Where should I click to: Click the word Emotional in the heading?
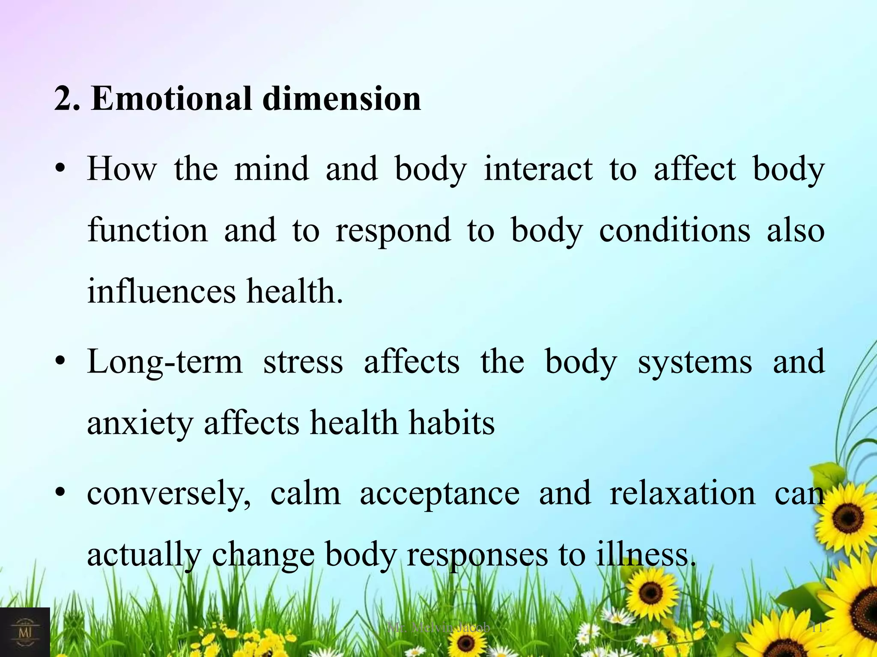pos(171,99)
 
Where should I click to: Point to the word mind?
pos(271,169)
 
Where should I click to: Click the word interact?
pos(538,169)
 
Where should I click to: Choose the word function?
pos(147,231)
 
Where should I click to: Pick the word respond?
pos(393,231)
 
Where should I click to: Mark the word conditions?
pos(674,231)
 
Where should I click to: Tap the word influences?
pos(161,292)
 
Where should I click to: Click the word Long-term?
pos(164,362)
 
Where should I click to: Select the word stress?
pos(303,362)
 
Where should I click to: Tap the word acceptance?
pos(439,494)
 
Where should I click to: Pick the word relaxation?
pos(683,493)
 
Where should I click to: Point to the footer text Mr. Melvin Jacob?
pos(438,627)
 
